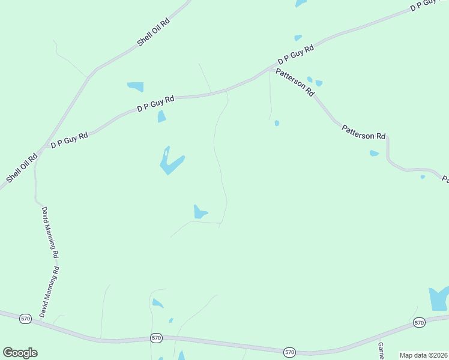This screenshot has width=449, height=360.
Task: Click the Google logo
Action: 20,353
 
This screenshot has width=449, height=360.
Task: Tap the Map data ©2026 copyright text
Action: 423,355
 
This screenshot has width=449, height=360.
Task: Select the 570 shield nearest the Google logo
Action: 25,318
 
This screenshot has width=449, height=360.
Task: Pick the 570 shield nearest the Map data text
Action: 419,323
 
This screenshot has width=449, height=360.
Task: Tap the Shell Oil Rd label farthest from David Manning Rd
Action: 154,32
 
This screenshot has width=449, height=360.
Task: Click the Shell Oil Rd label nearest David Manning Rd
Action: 22,169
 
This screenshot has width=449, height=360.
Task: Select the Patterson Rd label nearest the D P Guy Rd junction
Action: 294,82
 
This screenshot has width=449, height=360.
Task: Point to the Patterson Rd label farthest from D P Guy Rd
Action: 363,132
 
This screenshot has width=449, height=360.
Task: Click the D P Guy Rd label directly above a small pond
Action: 155,104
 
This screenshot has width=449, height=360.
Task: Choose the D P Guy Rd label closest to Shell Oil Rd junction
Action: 69,140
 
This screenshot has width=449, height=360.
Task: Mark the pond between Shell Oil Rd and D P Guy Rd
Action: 136,86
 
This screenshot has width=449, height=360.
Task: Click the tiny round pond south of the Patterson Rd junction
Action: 277,123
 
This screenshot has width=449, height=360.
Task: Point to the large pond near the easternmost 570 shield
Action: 438,298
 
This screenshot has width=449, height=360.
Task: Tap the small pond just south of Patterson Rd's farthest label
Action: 374,153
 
